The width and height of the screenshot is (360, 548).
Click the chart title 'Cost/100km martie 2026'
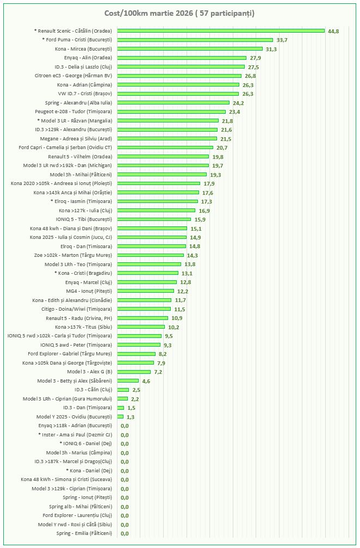(x=179, y=13)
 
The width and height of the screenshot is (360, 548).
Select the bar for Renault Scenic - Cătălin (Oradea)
(x=220, y=31)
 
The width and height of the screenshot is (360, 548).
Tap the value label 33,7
(x=282, y=40)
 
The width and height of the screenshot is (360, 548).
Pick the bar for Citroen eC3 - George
(x=179, y=76)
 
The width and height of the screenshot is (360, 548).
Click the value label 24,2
(x=238, y=103)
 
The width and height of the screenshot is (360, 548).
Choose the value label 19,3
(x=215, y=175)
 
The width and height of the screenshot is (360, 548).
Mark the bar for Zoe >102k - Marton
(x=150, y=255)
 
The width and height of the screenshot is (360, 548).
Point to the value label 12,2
(x=183, y=291)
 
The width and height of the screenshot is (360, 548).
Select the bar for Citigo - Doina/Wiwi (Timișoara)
(x=144, y=309)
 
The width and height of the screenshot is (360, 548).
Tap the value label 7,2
(x=159, y=372)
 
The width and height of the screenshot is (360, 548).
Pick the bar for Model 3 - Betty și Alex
(x=128, y=381)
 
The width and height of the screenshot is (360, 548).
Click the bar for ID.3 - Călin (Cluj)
(x=123, y=390)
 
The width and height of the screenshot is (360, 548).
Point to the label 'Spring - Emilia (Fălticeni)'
(x=84, y=533)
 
